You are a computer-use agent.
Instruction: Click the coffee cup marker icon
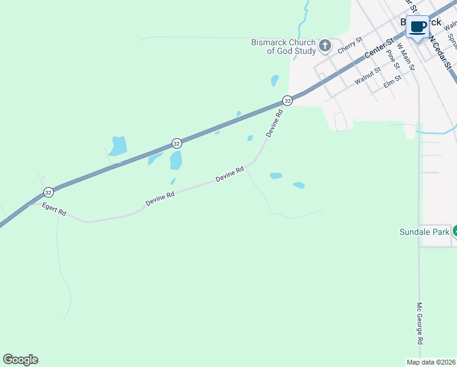tap(418, 27)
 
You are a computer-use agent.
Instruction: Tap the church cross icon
tap(325, 46)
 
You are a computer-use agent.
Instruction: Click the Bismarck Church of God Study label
tap(283, 47)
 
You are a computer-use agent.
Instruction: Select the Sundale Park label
tap(424, 232)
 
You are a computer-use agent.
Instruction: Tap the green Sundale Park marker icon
tap(455, 231)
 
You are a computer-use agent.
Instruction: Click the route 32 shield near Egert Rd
tap(48, 192)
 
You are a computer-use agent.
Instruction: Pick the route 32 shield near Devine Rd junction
tap(287, 100)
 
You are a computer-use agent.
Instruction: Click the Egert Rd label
tap(54, 209)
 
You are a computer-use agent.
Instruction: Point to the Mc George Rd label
tap(420, 322)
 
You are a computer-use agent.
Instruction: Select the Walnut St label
tap(367, 77)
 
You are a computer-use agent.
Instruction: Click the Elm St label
tap(392, 81)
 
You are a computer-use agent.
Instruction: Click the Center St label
tap(379, 48)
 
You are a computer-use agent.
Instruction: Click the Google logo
tap(20, 360)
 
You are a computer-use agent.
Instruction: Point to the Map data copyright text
tap(431, 362)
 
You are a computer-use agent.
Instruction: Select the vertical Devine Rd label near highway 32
tap(275, 123)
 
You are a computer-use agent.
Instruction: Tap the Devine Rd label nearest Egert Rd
tap(160, 198)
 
